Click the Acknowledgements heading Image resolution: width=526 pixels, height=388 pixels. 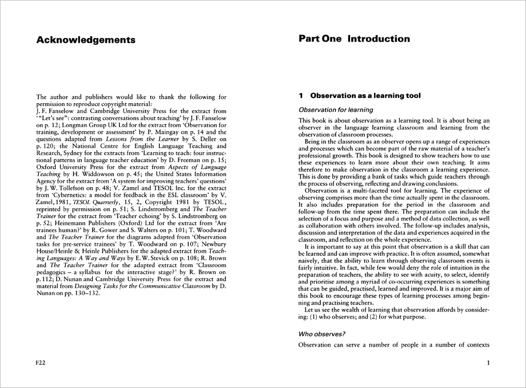point(85,40)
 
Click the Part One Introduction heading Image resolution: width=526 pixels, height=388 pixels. point(354,39)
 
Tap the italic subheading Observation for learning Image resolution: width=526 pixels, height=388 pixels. point(335,110)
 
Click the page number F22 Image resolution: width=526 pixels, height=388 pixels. point(41,363)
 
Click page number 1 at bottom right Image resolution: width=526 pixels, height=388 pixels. point(487,363)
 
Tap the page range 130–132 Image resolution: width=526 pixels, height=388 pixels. point(86,293)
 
